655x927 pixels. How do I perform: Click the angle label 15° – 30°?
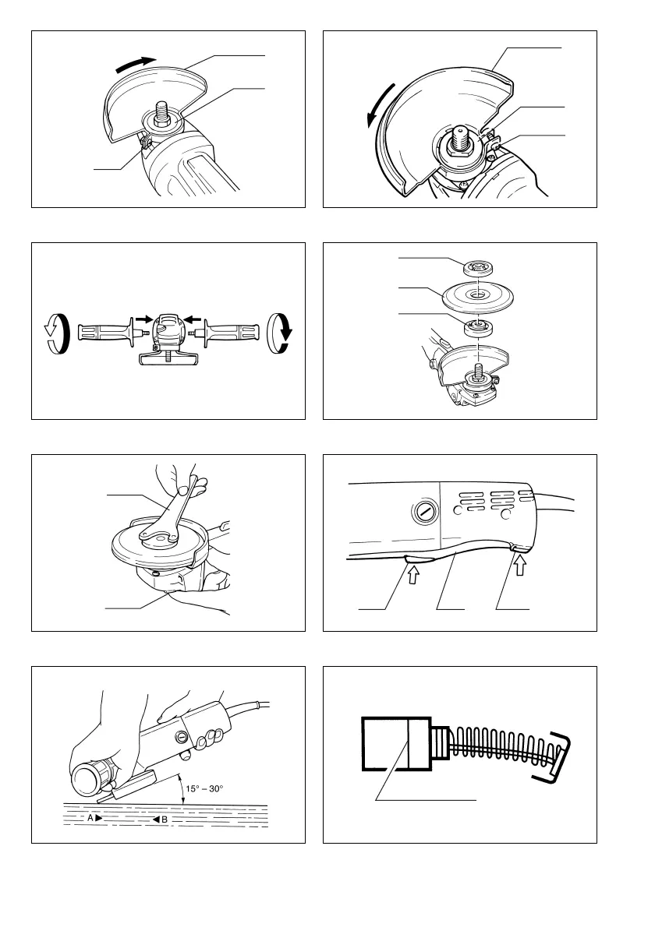coord(205,788)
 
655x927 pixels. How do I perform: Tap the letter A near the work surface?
coord(90,818)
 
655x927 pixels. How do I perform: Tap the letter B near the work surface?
coord(164,819)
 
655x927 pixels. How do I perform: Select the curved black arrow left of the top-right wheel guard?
coord(379,104)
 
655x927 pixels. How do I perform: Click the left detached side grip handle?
coord(109,333)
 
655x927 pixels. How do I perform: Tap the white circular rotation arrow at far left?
coord(58,333)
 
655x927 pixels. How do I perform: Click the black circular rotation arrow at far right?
coord(280,333)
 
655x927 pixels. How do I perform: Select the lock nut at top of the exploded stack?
coord(477,268)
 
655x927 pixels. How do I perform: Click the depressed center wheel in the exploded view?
coord(477,295)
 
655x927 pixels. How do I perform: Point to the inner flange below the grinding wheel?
coord(478,327)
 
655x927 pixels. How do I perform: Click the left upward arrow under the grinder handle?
coord(413,573)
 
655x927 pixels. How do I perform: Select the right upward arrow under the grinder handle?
coord(519,566)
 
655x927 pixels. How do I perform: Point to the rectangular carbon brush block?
coord(396,744)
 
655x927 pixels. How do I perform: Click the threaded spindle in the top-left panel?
coord(162,112)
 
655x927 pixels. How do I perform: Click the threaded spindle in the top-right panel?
coord(460,139)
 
